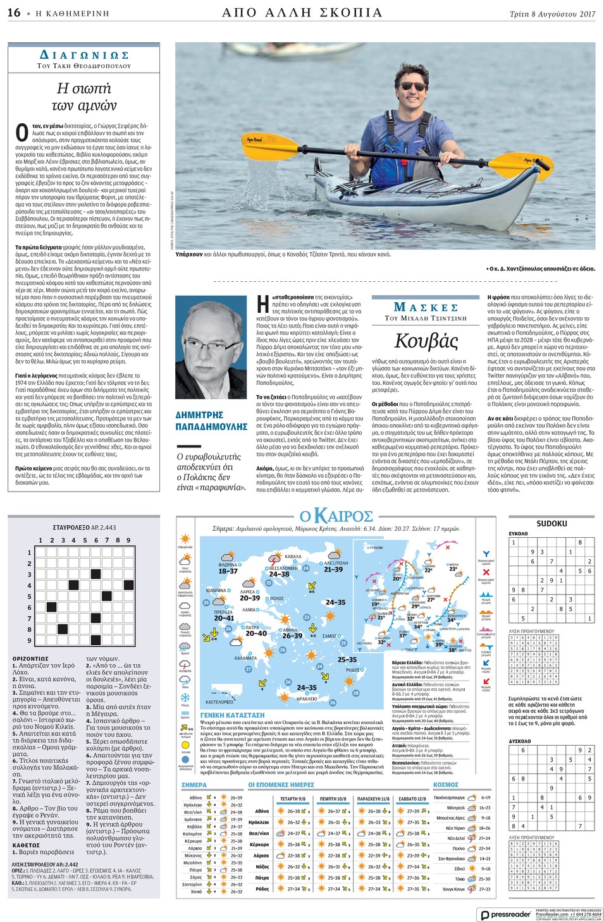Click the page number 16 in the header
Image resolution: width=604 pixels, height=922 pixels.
point(14,13)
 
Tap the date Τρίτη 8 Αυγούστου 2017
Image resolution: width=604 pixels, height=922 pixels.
point(552,14)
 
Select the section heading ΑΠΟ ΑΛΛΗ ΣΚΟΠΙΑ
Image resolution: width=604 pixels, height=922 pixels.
point(302,13)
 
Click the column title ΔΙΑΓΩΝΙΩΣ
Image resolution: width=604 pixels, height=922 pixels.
point(84,56)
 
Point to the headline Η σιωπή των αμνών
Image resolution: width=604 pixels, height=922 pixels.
point(84,97)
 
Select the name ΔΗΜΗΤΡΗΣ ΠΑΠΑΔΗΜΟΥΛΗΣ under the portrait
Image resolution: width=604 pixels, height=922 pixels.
point(211,421)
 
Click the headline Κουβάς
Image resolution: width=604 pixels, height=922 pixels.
point(426,341)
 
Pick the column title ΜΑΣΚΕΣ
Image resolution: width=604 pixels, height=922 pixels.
point(426,307)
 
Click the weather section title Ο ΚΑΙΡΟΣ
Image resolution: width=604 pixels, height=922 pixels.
point(336,516)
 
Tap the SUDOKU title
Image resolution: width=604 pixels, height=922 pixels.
point(552,524)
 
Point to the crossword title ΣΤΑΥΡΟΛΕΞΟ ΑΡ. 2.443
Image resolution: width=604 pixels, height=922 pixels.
point(84,527)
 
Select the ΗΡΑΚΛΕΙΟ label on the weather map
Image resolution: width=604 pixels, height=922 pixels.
point(307,698)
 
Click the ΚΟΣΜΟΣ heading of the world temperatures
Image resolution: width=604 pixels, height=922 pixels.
point(445,784)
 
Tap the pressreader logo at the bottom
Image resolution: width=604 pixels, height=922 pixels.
point(505,914)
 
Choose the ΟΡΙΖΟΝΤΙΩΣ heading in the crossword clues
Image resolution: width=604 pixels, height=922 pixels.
point(30,658)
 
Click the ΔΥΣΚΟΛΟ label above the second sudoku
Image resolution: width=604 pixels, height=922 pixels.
point(520,741)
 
